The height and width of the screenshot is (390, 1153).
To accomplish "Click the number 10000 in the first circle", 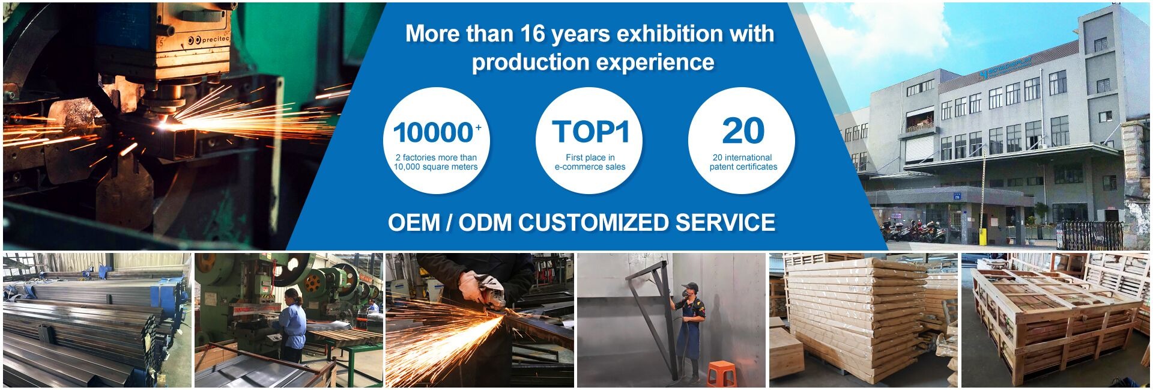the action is pyautogui.click(x=433, y=133).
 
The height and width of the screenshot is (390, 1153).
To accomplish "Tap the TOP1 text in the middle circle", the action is pyautogui.click(x=590, y=132).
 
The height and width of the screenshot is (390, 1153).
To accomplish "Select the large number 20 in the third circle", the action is pyautogui.click(x=743, y=131).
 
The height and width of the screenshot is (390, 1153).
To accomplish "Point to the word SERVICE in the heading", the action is pyautogui.click(x=725, y=223).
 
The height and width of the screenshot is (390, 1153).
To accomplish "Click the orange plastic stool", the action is pyautogui.click(x=721, y=373).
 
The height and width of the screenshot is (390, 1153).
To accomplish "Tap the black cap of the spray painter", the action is pyautogui.click(x=690, y=287).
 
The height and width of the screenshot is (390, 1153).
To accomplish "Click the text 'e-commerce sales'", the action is pyautogui.click(x=590, y=167).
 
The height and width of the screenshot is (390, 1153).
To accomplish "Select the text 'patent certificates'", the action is pyautogui.click(x=743, y=167).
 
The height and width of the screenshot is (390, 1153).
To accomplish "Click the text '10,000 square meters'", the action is pyautogui.click(x=435, y=167).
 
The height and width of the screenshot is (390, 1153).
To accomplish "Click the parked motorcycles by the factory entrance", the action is pyautogui.click(x=913, y=231).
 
